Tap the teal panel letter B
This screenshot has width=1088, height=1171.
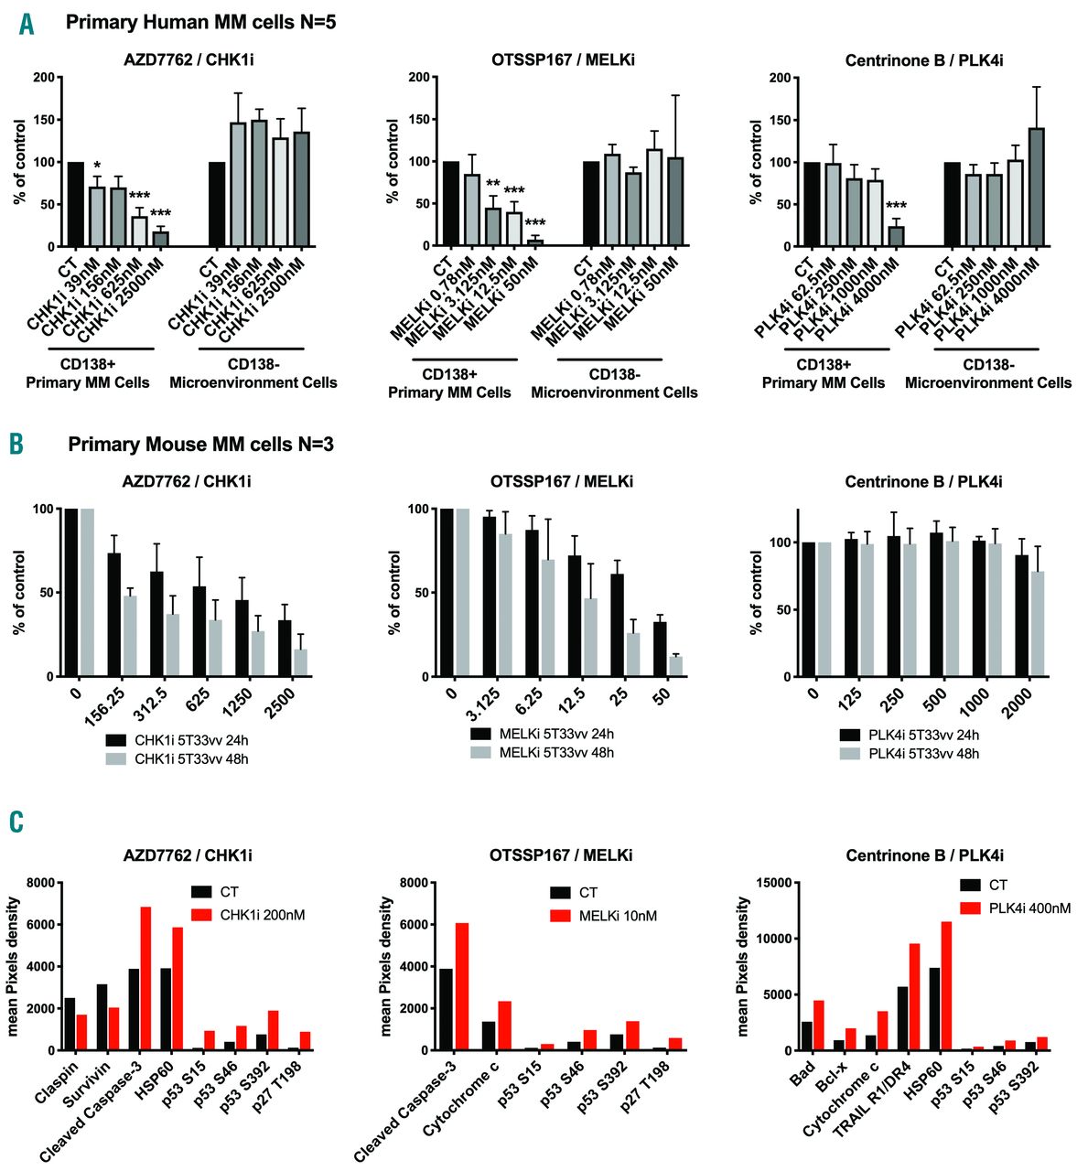tap(16, 446)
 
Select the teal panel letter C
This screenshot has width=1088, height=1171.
tap(16, 821)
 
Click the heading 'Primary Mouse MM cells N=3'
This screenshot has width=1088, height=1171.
tap(200, 446)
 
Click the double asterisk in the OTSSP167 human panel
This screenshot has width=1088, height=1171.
tap(492, 183)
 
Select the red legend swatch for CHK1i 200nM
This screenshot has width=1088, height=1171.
tap(201, 914)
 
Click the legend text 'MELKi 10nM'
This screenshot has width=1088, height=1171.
tap(618, 916)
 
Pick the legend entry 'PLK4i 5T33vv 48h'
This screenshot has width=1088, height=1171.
tap(922, 753)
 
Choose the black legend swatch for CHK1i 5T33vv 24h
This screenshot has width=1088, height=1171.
tap(115, 739)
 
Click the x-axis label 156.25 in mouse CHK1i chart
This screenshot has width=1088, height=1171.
tap(108, 704)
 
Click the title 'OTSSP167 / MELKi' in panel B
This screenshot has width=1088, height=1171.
tap(561, 481)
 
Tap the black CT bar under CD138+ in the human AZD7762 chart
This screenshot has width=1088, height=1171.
tap(76, 204)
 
